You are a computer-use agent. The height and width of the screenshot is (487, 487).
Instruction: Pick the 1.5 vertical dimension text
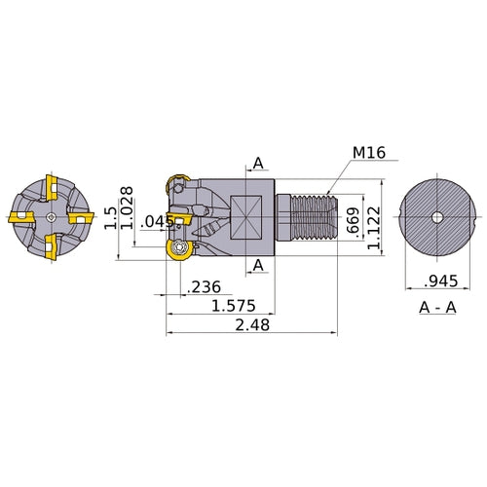(x=110, y=216)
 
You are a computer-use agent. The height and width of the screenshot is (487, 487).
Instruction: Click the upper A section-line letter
(x=258, y=163)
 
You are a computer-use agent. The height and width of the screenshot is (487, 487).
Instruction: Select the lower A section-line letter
(x=258, y=265)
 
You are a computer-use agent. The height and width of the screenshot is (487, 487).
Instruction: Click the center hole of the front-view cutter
(x=48, y=216)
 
